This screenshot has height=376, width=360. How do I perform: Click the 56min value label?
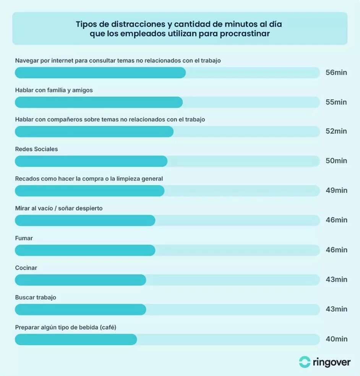point(336,73)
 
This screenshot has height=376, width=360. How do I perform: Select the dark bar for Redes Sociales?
point(91,161)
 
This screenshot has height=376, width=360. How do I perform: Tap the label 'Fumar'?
point(24,238)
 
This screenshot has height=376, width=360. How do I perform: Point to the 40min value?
point(336,339)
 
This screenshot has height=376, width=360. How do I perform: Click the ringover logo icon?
point(305,362)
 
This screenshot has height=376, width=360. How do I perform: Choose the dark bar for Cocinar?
point(80,280)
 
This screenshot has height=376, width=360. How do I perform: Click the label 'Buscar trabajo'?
point(36,297)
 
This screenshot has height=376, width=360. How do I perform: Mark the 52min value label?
point(336,131)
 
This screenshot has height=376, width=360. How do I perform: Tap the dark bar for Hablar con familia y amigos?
point(99,102)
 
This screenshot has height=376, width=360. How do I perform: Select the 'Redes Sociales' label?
point(36,149)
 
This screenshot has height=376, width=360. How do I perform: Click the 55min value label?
point(336,102)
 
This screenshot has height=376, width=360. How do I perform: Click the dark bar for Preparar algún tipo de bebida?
point(76,339)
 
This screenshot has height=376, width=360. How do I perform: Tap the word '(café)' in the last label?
point(107,327)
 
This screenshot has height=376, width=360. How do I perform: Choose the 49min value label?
point(336,190)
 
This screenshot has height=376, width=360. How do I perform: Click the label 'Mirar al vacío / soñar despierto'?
point(58,208)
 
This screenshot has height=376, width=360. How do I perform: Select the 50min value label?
point(336,161)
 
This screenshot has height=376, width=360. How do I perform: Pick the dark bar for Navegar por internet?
point(100,73)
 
